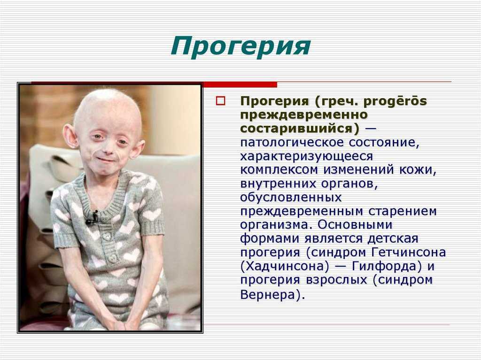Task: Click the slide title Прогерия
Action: coord(241,46)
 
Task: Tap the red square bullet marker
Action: coord(221,101)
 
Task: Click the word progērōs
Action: coord(395,101)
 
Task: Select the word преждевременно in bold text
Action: coord(304,115)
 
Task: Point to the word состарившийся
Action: coord(299,129)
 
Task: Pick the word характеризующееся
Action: coord(306,156)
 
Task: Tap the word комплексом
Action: coord(279,170)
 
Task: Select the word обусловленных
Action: coord(291,198)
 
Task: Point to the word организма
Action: coord(274,225)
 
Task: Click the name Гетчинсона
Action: coord(409,253)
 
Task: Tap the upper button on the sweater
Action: coord(106,236)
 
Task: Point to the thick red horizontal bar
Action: coord(240,85)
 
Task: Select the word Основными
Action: coord(355,225)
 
